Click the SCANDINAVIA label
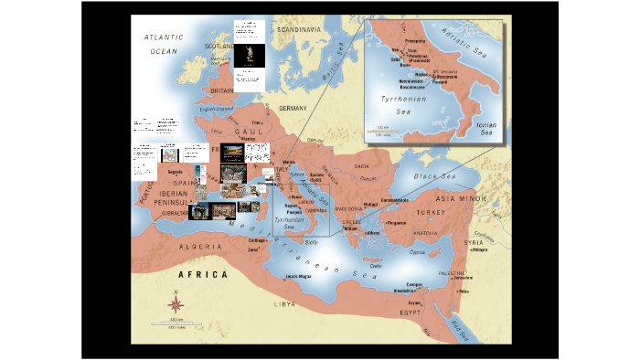[299, 30]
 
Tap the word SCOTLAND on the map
[219, 47]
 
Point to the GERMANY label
[295, 108]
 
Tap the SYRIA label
[474, 242]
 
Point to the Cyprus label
[417, 251]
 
